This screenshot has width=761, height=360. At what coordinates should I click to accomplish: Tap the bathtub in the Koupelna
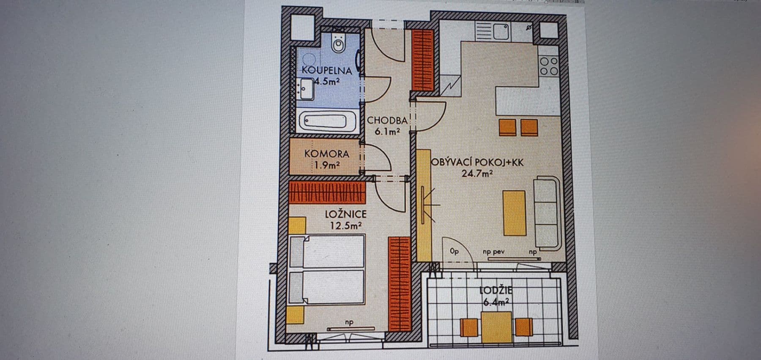(x=328, y=121)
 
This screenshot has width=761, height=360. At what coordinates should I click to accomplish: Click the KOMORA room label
(x=326, y=154)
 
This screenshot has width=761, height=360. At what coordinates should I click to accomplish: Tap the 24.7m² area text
(x=477, y=173)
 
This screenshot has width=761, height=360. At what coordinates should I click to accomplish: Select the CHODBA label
(x=387, y=120)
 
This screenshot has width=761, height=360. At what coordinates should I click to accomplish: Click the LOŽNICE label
(x=345, y=214)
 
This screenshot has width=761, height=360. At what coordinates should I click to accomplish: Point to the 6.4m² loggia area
(x=496, y=303)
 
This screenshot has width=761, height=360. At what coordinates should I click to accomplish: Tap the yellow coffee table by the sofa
(x=514, y=213)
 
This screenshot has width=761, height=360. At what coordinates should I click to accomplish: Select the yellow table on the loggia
(x=497, y=327)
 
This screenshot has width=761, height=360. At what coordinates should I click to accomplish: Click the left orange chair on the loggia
(x=469, y=327)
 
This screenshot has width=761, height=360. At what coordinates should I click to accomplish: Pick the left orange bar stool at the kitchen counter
(x=507, y=127)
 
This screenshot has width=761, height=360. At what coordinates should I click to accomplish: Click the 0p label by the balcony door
(x=454, y=251)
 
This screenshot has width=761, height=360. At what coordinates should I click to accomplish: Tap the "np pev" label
(x=494, y=252)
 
